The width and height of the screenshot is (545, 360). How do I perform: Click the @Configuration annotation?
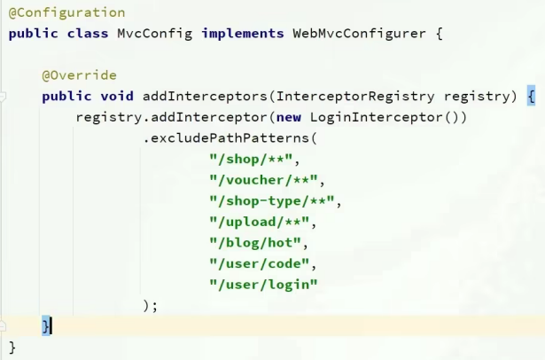click(66, 12)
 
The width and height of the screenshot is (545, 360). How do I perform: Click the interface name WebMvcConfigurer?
click(359, 34)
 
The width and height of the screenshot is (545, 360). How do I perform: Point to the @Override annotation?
click(79, 75)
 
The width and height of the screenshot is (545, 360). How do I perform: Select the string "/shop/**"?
click(254, 159)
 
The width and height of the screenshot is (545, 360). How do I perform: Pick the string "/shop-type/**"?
click(276, 200)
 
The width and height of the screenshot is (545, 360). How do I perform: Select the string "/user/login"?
click(263, 284)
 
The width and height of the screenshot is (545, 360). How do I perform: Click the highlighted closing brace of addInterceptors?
click(46, 325)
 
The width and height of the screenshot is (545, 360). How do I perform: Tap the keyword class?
click(92, 34)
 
